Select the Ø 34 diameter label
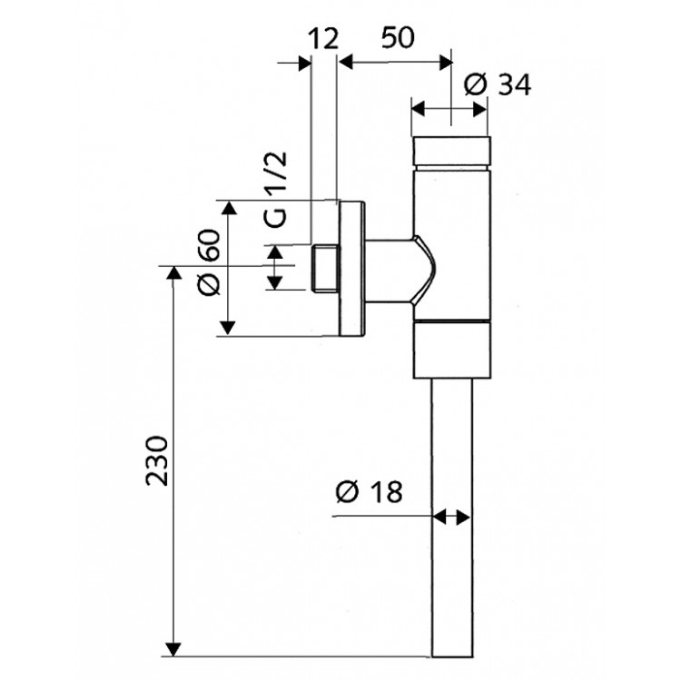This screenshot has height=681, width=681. pyautogui.click(x=497, y=84)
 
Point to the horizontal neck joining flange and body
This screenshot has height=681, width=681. pyautogui.click(x=395, y=267)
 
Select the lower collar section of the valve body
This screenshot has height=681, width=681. pyautogui.click(x=451, y=350)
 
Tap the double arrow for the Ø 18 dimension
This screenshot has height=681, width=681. pyautogui.click(x=451, y=518)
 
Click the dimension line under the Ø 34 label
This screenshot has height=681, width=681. pyautogui.click(x=451, y=108)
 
